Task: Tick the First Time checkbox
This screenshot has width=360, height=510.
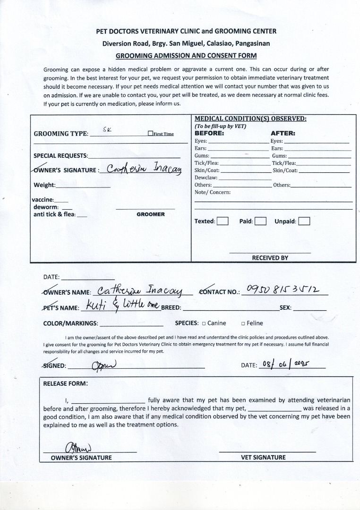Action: pyautogui.click(x=150, y=134)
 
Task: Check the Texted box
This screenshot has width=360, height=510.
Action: pyautogui.click(x=223, y=221)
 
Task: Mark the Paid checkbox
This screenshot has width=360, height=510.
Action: pyautogui.click(x=260, y=221)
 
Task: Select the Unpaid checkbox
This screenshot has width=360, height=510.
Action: pyautogui.click(x=304, y=221)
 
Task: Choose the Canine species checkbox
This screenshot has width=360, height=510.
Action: pyautogui.click(x=204, y=323)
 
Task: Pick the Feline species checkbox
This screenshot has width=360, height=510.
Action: pyautogui.click(x=243, y=323)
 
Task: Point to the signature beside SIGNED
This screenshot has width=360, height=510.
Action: pyautogui.click(x=100, y=365)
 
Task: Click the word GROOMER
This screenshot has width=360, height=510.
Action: pyautogui.click(x=151, y=214)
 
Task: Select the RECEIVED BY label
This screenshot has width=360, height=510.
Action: pyautogui.click(x=270, y=258)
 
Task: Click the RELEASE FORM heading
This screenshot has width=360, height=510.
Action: pyautogui.click(x=65, y=383)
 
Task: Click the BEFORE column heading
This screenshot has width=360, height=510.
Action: pyautogui.click(x=209, y=133)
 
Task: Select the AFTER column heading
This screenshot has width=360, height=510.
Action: pyautogui.click(x=283, y=133)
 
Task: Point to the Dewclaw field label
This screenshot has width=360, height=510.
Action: pyautogui.click(x=206, y=178)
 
